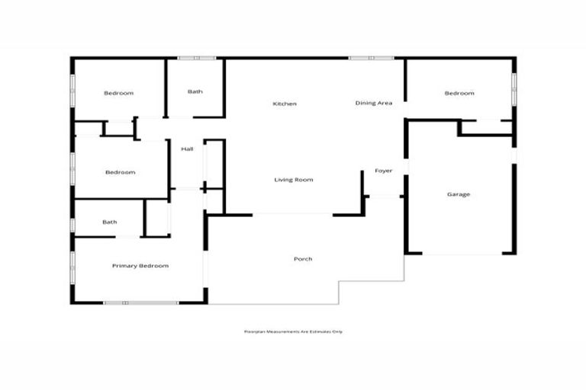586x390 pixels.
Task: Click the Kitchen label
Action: [285, 104]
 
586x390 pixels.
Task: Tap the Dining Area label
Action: [374, 103]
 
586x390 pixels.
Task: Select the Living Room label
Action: [294, 180]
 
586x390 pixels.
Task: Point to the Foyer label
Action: [383, 171]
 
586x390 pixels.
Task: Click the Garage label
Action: [459, 194]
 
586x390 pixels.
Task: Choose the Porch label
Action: [303, 259]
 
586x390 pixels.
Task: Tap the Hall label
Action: [187, 149]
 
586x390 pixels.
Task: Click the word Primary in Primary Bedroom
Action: [124, 266]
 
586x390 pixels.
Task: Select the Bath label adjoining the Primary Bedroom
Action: [110, 222]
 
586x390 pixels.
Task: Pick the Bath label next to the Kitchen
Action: [195, 92]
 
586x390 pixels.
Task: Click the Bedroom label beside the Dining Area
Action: [459, 94]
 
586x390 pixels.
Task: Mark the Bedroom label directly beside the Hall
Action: [120, 172]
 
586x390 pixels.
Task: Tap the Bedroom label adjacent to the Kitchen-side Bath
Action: [118, 94]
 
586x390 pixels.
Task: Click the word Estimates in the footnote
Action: [319, 331]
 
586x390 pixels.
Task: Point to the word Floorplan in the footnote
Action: [254, 331]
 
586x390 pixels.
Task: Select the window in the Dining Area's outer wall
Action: [372, 58]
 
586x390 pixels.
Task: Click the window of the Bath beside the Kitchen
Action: [196, 58]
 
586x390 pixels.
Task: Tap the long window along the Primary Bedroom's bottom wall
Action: [141, 303]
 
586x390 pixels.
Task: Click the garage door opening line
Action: [459, 254]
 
